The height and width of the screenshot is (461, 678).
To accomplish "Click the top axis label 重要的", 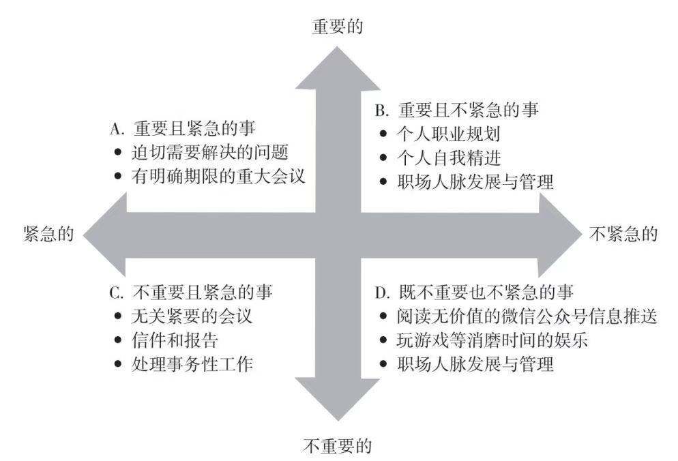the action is pyautogui.click(x=337, y=27).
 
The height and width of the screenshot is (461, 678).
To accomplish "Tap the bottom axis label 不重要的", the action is pyautogui.click(x=337, y=446).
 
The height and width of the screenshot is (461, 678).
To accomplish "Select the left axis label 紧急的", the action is pyautogui.click(x=48, y=234).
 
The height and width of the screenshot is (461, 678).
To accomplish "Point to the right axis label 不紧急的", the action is pyautogui.click(x=623, y=234).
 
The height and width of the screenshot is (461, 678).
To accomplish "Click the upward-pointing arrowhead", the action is pyautogui.click(x=338, y=69).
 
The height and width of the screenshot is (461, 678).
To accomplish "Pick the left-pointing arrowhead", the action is pyautogui.click(x=104, y=235).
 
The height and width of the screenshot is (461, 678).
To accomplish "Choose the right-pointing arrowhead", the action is pyautogui.click(x=561, y=235).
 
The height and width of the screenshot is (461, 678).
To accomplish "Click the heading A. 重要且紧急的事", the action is pyautogui.click(x=183, y=128).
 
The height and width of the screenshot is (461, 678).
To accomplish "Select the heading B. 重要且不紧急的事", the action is pyautogui.click(x=456, y=110).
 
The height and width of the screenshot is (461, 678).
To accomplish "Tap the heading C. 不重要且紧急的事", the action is pyautogui.click(x=191, y=293).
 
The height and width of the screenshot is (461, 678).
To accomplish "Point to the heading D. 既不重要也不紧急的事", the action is pyautogui.click(x=474, y=293).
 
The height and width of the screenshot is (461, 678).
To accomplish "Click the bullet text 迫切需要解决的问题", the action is pyautogui.click(x=210, y=152).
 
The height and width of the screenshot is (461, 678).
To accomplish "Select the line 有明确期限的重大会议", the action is pyautogui.click(x=218, y=177).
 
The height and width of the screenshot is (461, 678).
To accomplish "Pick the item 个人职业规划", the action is pyautogui.click(x=448, y=134).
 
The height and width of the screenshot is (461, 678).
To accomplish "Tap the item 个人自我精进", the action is pyautogui.click(x=448, y=158).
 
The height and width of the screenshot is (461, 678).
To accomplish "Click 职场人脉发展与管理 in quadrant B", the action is pyautogui.click(x=475, y=181).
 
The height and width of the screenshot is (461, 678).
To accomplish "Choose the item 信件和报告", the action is pyautogui.click(x=175, y=340).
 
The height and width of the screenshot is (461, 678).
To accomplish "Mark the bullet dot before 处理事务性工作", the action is pyautogui.click(x=118, y=364).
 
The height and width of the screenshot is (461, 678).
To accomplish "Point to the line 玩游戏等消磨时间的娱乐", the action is pyautogui.click(x=492, y=340).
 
